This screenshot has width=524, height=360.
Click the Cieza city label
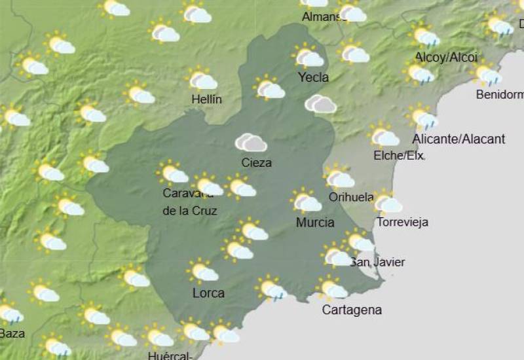pos(256,162)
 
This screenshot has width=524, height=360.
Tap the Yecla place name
pos(313,77)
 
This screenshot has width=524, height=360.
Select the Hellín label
pos(206,99)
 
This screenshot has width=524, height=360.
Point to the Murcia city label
pos(315,223)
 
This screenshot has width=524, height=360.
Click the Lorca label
pos(208,293)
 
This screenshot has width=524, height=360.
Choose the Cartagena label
pos(352,310)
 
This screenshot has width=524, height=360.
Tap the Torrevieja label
pos(402,222)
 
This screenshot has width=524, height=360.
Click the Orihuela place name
pos(351,196)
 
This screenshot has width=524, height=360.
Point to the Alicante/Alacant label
pos(458,139)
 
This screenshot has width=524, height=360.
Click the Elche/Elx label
pos(399,156)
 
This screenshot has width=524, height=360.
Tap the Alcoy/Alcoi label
pos(446,58)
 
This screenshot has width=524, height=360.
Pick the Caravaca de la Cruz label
pos(189,202)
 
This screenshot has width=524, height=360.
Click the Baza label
pos(12,333)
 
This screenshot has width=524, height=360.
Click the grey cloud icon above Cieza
pos(251,142)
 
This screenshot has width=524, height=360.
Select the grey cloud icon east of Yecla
pos(320,103)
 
